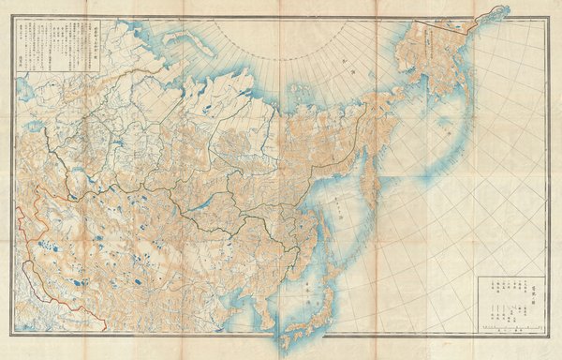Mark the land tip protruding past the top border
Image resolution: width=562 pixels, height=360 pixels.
click(x=492, y=13)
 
